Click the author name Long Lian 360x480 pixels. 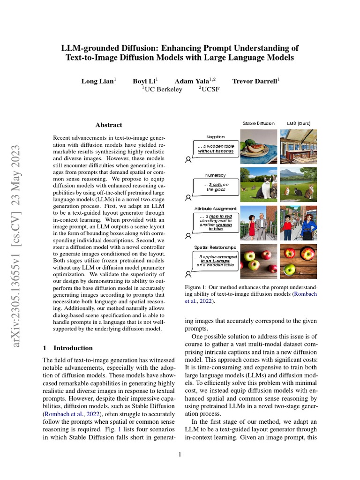[x=97, y=81]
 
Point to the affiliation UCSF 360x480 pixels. [x=210, y=90]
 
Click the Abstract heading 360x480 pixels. [x=109, y=125]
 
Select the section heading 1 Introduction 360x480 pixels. [x=68, y=348]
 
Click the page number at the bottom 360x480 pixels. [x=180, y=454]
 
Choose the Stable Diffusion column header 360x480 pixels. [x=259, y=123]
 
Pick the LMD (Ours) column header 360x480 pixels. [x=299, y=123]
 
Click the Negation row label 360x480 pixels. [x=216, y=137]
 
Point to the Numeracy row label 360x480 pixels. [x=216, y=175]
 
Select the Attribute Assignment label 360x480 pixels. [x=216, y=209]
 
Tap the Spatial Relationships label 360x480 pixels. [x=216, y=247]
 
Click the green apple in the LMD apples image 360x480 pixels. [x=290, y=269]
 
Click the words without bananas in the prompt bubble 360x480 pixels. [x=216, y=151]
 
